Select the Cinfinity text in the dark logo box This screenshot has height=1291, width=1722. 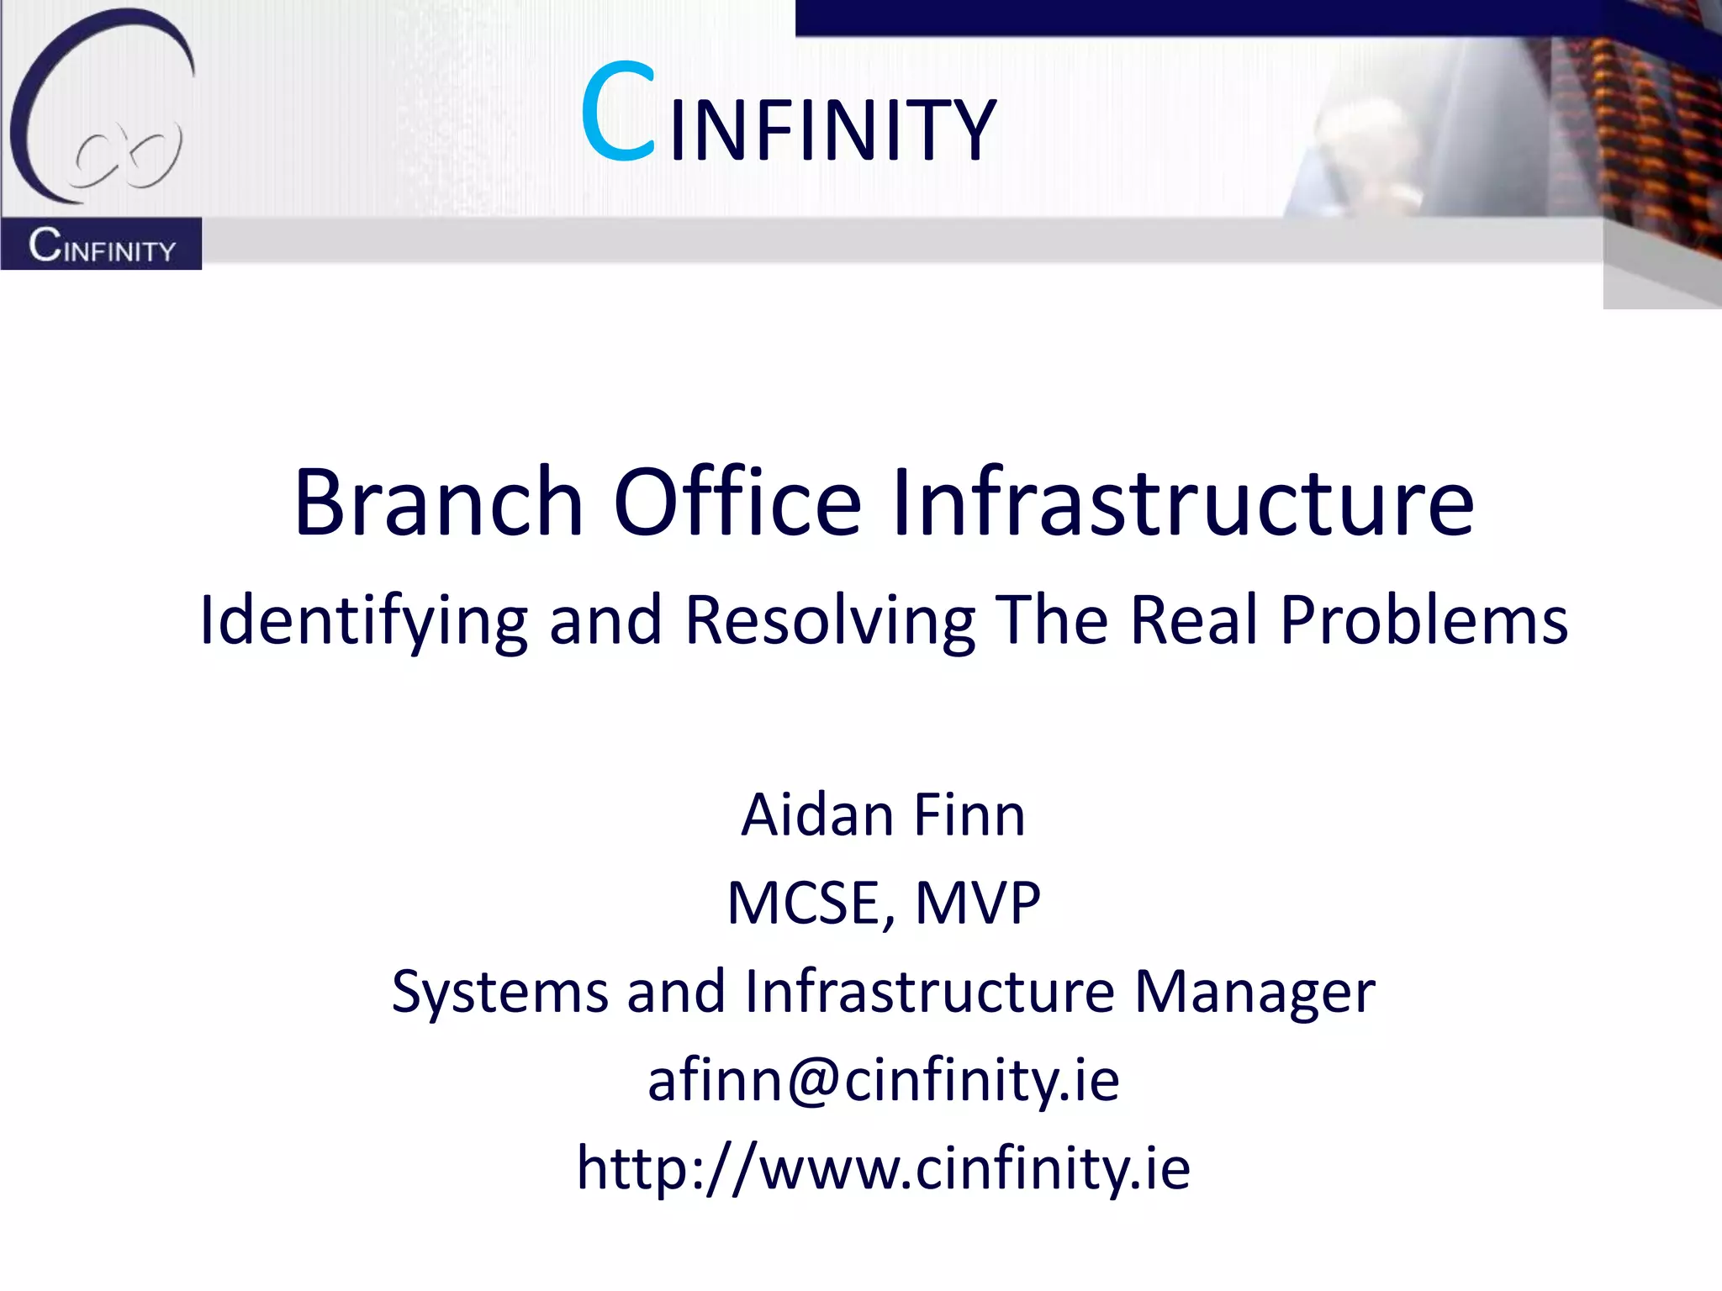tap(102, 245)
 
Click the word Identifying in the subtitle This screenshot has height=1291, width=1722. tap(363, 621)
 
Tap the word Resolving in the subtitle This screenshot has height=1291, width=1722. tap(830, 621)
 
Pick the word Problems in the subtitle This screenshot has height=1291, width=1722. tap(1424, 619)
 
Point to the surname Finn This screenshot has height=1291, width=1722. tap(969, 815)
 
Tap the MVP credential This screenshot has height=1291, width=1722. tap(977, 904)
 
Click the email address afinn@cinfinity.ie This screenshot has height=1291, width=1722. tap(883, 1080)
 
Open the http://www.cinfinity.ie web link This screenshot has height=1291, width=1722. tap(883, 1168)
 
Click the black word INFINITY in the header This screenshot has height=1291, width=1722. tap(832, 130)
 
